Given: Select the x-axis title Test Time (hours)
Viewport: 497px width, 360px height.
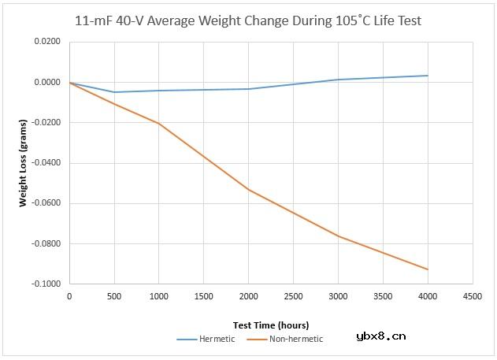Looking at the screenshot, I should pos(270,325).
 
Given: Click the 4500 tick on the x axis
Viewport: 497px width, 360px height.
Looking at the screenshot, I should pos(473,296).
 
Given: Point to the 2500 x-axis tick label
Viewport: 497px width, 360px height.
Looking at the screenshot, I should pos(293,296).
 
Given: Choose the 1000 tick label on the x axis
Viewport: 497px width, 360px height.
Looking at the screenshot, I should pos(159,296).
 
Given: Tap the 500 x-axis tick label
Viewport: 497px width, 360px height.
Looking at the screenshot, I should pos(114,296).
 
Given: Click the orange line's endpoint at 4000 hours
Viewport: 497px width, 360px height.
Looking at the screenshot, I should pos(428,269).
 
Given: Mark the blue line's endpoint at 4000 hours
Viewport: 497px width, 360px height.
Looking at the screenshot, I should pos(428,76).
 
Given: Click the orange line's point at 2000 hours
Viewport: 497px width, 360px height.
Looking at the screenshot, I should pos(249,190).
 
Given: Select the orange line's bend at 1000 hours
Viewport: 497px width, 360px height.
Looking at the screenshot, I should pos(159,124).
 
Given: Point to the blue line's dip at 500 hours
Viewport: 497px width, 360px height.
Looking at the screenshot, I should pos(114,92).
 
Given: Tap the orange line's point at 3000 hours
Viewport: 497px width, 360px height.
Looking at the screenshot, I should pos(338,236).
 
